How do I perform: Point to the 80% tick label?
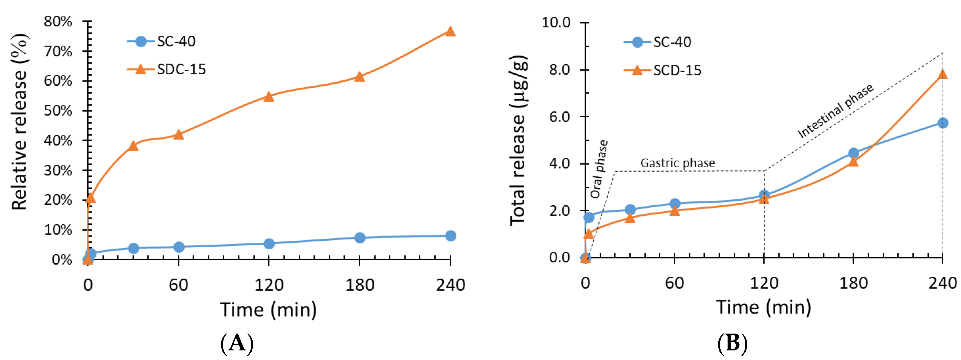tap(58, 22)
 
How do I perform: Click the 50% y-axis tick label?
tap(58, 111)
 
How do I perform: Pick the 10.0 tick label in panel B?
tap(556, 22)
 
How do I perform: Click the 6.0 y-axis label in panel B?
tap(559, 117)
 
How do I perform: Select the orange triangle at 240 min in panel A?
tap(450, 32)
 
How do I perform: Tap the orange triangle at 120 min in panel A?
tap(269, 97)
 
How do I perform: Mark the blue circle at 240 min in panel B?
tap(942, 123)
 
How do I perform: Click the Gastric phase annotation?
tap(677, 163)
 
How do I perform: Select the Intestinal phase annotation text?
tap(835, 111)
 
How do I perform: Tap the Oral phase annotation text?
tap(598, 169)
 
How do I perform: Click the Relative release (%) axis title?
tap(19, 122)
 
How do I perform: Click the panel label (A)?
tap(237, 343)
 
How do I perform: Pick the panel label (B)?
tap(732, 343)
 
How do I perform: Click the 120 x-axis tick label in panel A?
tap(269, 285)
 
